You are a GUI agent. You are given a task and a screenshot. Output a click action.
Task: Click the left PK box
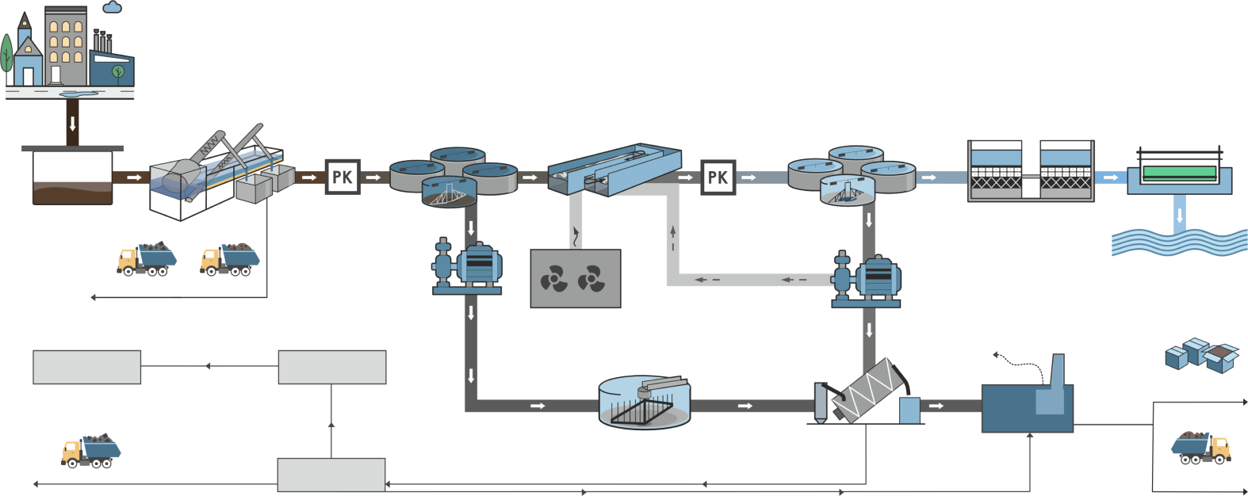pos(343,177)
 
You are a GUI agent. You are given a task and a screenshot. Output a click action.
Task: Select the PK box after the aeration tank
pos(718,177)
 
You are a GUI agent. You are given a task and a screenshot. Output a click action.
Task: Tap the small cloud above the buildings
pos(113,8)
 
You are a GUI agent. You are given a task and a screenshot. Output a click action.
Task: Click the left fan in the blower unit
pos(553,279)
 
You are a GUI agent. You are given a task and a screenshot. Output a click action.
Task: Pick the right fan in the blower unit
pos(591,279)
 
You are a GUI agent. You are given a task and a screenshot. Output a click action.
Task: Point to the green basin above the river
pos(1179,173)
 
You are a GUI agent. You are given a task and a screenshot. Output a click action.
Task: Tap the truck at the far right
pos(1200,448)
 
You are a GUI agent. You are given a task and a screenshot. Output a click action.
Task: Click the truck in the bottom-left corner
pos(90,451)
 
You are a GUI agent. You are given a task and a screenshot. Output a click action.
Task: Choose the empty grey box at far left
pos(87,368)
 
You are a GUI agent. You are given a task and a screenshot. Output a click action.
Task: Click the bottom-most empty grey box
pos(331,475)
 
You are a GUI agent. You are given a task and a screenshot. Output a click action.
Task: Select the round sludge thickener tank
pos(644,403)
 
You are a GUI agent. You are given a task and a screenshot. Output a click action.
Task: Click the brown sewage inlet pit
pos(72,177)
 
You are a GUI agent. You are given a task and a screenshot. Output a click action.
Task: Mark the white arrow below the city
pos(73,124)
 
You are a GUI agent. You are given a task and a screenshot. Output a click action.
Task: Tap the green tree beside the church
pos(6,54)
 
